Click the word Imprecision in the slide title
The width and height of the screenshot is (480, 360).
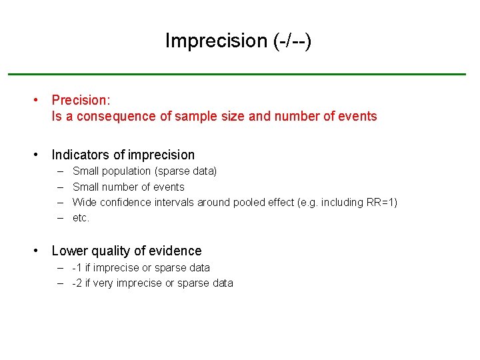(x=215, y=41)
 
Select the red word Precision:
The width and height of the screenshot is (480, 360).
(x=81, y=100)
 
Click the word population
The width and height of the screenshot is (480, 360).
(x=127, y=171)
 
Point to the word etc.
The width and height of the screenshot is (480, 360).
(x=81, y=218)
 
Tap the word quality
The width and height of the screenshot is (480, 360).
(x=107, y=251)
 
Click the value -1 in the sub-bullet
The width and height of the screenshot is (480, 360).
(x=77, y=268)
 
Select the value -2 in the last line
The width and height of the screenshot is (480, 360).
(x=77, y=283)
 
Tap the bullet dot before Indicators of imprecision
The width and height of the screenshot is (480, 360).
(x=37, y=155)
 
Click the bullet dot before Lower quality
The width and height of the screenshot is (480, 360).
(x=37, y=251)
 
